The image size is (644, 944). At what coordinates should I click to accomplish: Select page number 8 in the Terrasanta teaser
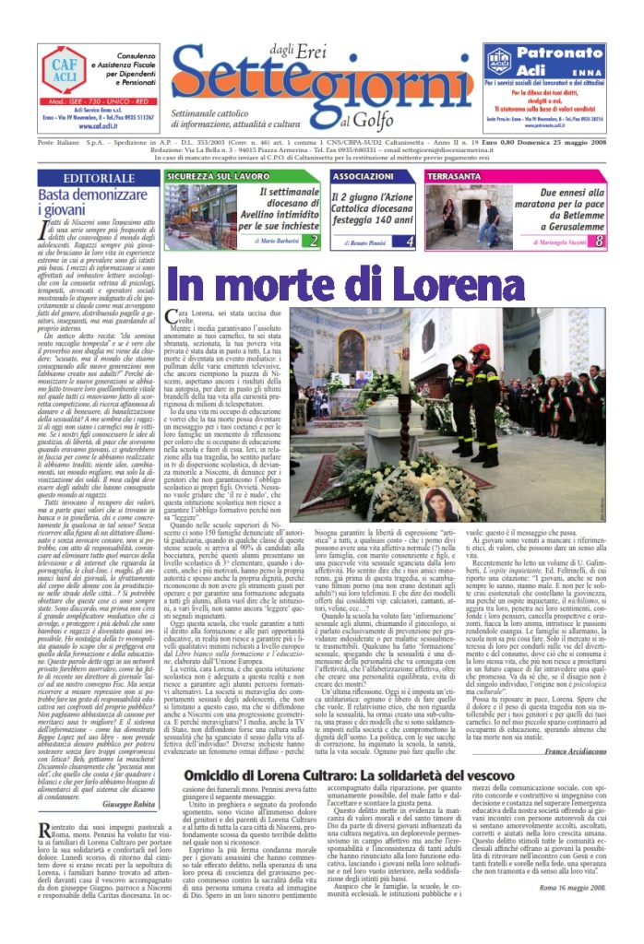click(x=599, y=241)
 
